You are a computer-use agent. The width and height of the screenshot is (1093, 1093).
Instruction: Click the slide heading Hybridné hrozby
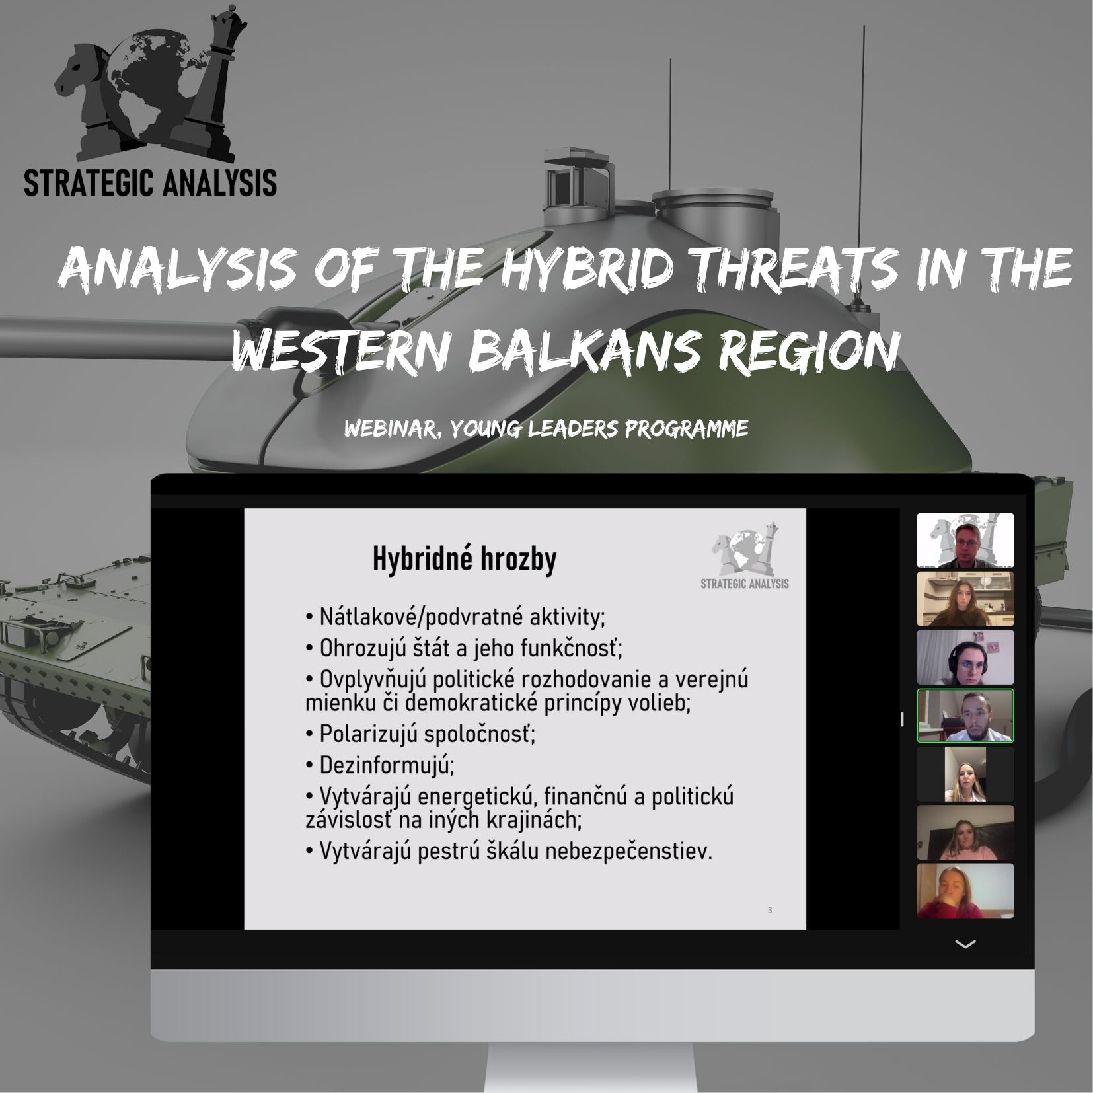point(465,559)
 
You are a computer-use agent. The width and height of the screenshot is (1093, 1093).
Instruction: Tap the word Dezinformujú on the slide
point(387,765)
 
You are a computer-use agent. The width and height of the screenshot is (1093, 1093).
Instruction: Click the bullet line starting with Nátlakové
point(455,617)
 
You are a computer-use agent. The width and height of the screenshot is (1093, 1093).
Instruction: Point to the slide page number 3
point(770,910)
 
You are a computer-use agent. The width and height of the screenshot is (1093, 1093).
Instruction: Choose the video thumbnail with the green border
point(965,716)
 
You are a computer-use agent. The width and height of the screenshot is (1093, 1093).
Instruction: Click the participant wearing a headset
point(965,658)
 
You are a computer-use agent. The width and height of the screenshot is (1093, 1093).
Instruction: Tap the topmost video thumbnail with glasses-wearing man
point(965,541)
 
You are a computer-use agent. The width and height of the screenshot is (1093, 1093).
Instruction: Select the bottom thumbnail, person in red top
point(965,891)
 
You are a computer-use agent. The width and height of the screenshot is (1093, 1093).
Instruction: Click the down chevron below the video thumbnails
point(965,944)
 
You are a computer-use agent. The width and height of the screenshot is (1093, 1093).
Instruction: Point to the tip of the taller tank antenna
point(864,26)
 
